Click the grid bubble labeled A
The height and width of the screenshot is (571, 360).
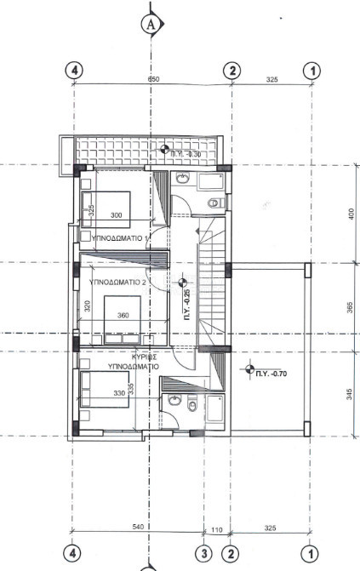click(x=152, y=25)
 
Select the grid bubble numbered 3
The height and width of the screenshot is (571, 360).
click(x=204, y=553)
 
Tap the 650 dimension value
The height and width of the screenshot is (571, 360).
click(x=154, y=79)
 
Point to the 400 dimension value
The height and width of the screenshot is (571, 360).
click(x=350, y=214)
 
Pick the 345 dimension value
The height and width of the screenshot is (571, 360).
click(x=350, y=394)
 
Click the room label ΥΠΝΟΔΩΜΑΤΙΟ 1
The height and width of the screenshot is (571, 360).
click(x=119, y=237)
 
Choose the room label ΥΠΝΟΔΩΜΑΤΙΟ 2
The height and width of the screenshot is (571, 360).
click(x=118, y=282)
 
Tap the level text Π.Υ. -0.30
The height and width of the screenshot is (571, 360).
click(x=186, y=154)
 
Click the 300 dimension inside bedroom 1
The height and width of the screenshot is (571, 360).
click(x=117, y=215)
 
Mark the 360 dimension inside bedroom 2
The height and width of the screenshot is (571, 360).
click(x=123, y=316)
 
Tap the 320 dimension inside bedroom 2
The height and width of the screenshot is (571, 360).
click(x=87, y=308)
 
